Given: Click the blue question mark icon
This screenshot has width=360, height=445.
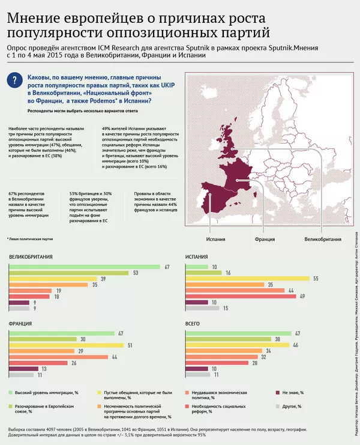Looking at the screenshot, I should point(17,83).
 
